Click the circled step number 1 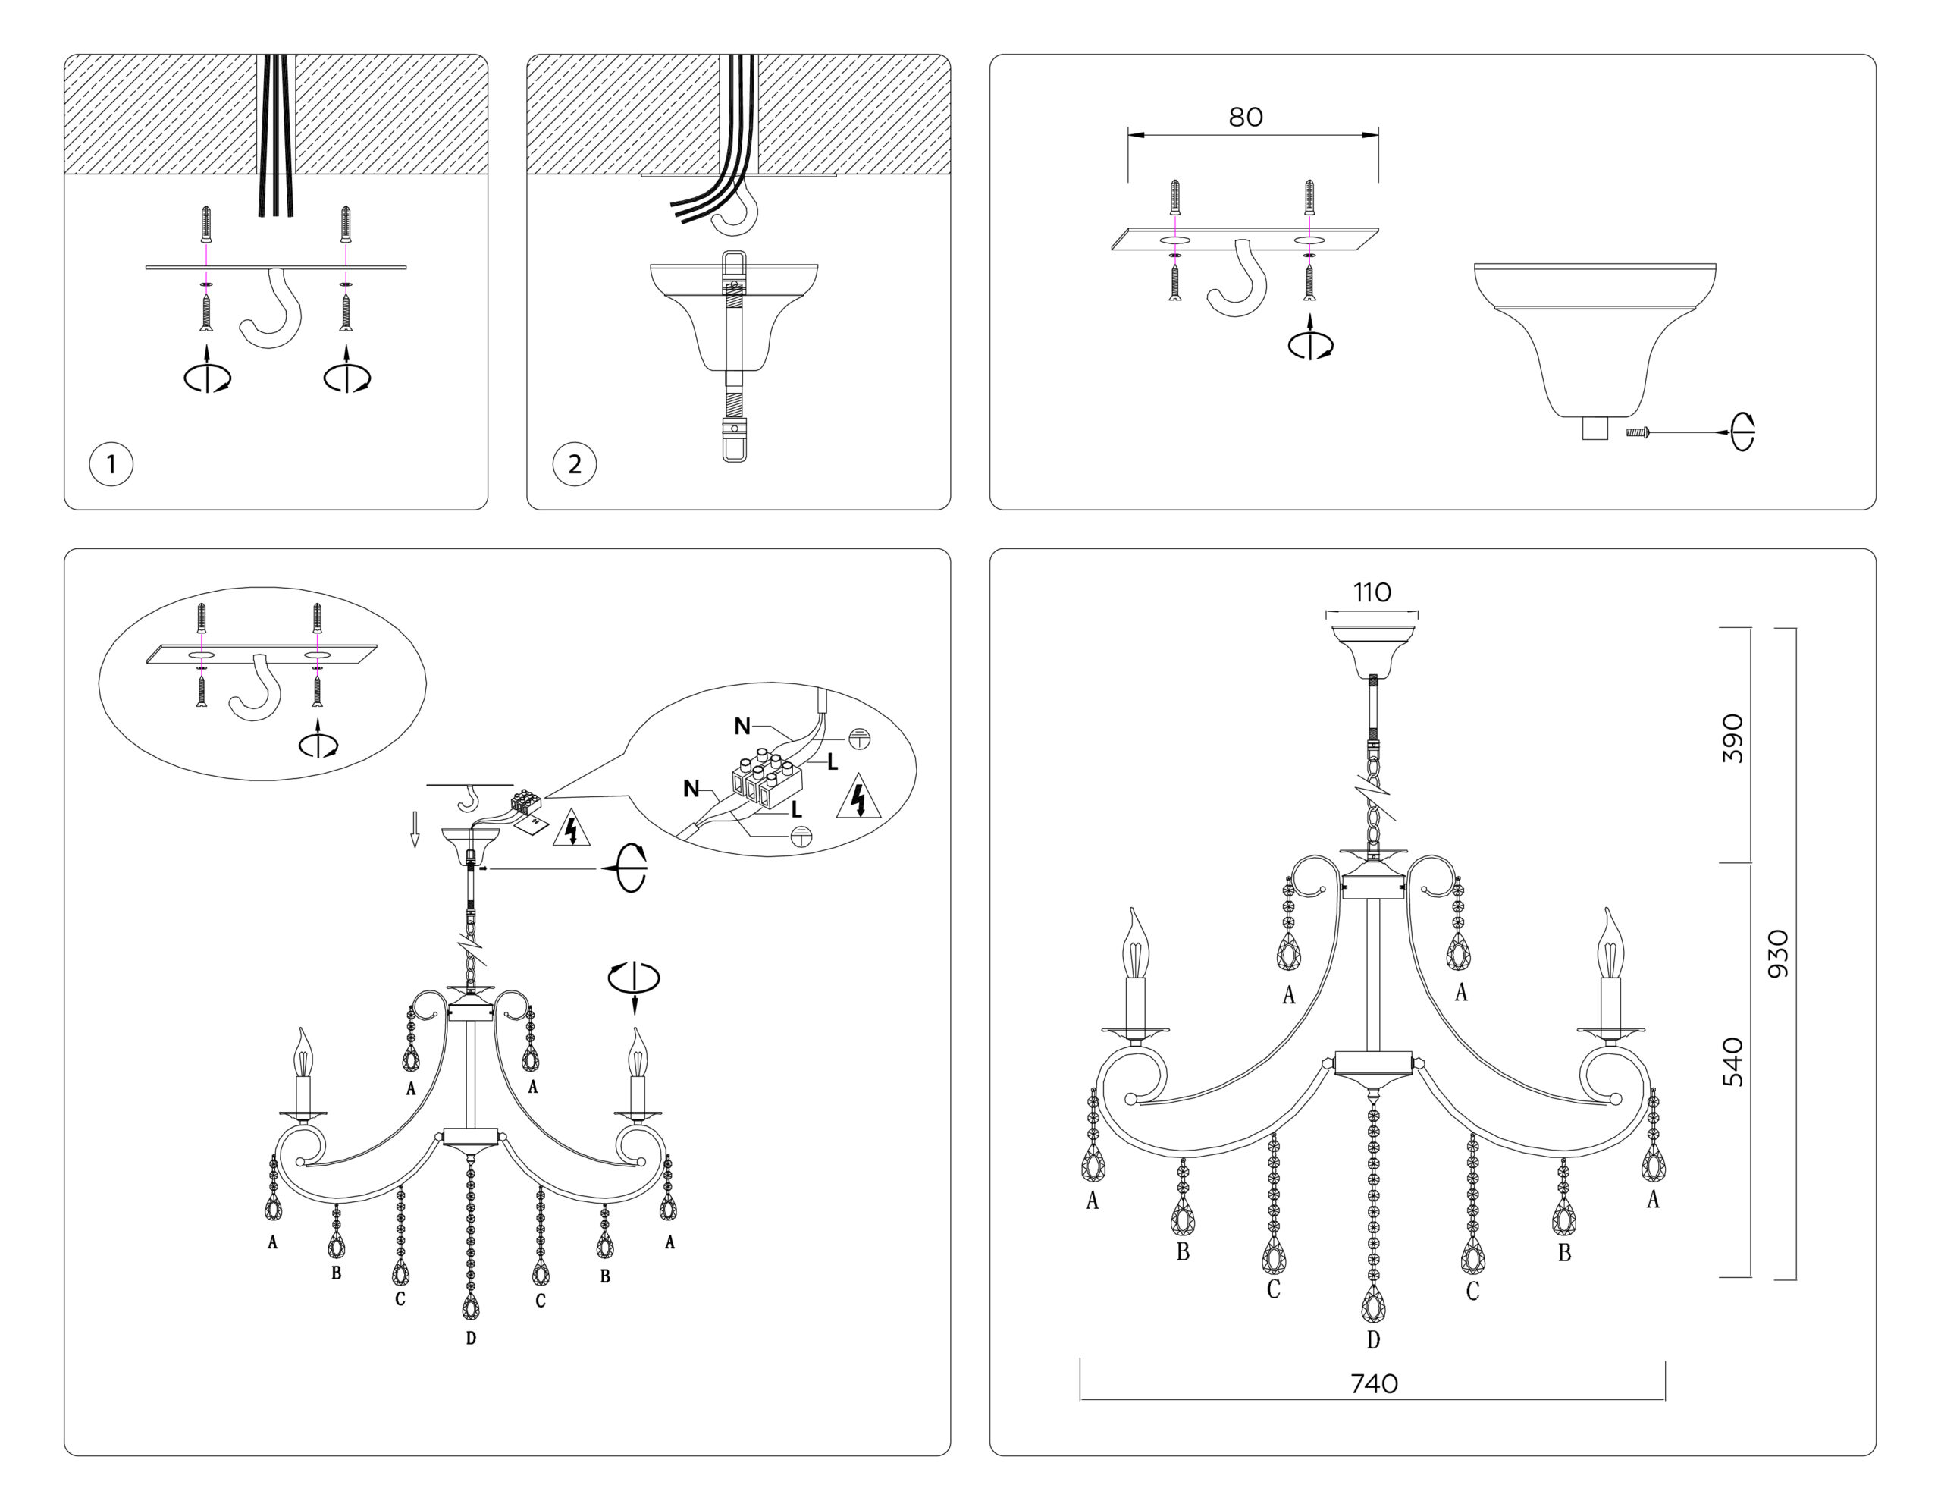click(x=111, y=464)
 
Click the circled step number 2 click(x=574, y=464)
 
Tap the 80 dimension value click(x=1245, y=118)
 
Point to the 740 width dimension click(x=1374, y=1384)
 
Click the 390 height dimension click(x=1732, y=738)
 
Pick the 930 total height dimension click(x=1777, y=953)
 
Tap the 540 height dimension click(x=1732, y=1062)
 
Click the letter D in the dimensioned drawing click(x=1373, y=1339)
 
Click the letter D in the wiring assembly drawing click(x=471, y=1338)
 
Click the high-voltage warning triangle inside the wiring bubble click(x=858, y=797)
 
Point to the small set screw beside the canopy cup click(x=1636, y=432)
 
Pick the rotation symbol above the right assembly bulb click(x=634, y=978)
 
